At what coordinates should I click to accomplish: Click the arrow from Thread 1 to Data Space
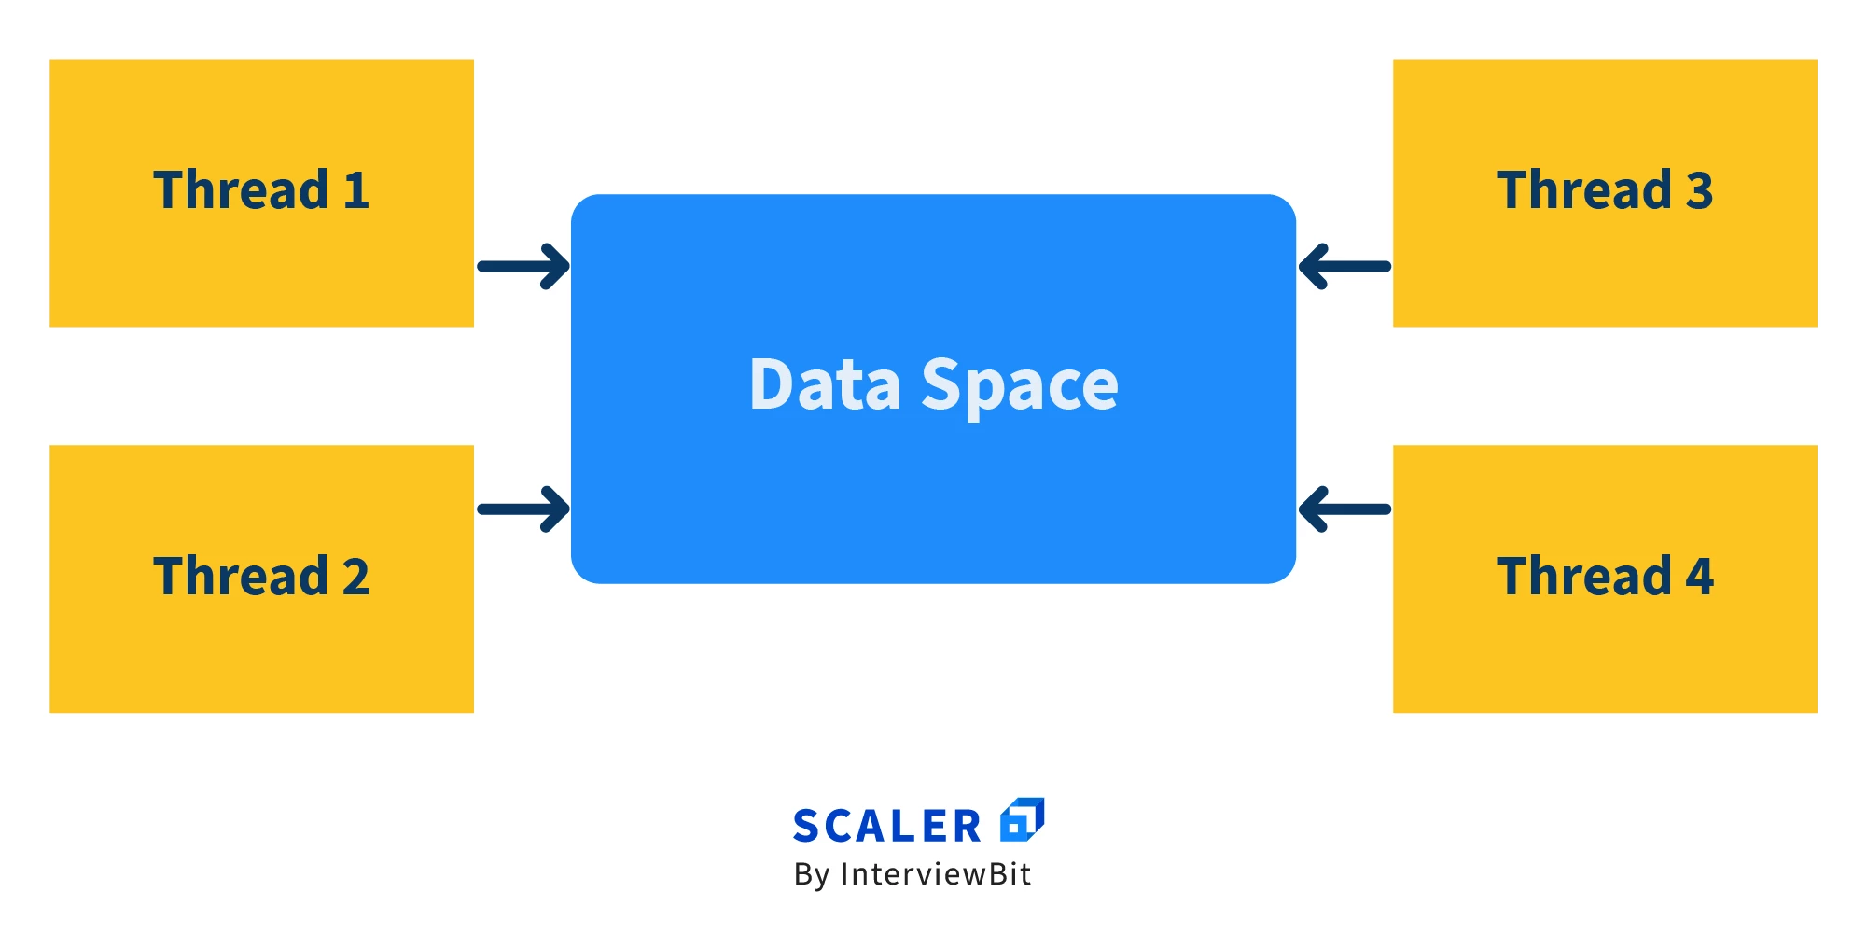(x=523, y=267)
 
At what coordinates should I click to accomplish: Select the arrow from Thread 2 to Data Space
(x=523, y=509)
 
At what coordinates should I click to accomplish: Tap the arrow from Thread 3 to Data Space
(x=1345, y=267)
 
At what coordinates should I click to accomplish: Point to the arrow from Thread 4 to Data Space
(x=1345, y=509)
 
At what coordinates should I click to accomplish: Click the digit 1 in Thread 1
(x=355, y=191)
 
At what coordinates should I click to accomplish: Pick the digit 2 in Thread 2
(x=355, y=578)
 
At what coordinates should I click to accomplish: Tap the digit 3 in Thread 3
(x=1699, y=191)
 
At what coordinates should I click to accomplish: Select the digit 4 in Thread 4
(x=1699, y=578)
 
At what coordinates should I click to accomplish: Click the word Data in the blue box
(x=825, y=384)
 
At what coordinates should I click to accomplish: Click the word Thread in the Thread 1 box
(x=241, y=190)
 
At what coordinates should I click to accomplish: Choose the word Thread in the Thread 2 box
(x=241, y=577)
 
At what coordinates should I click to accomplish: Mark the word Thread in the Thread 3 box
(x=1584, y=190)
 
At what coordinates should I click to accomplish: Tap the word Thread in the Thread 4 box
(x=1584, y=577)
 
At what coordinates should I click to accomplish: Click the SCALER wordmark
(x=886, y=827)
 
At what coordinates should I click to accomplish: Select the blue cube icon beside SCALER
(x=1022, y=820)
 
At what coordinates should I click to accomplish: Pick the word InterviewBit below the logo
(x=936, y=874)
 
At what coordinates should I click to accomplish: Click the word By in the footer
(x=811, y=875)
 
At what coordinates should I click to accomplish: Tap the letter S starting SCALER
(x=806, y=827)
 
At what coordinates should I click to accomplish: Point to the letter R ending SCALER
(x=968, y=827)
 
